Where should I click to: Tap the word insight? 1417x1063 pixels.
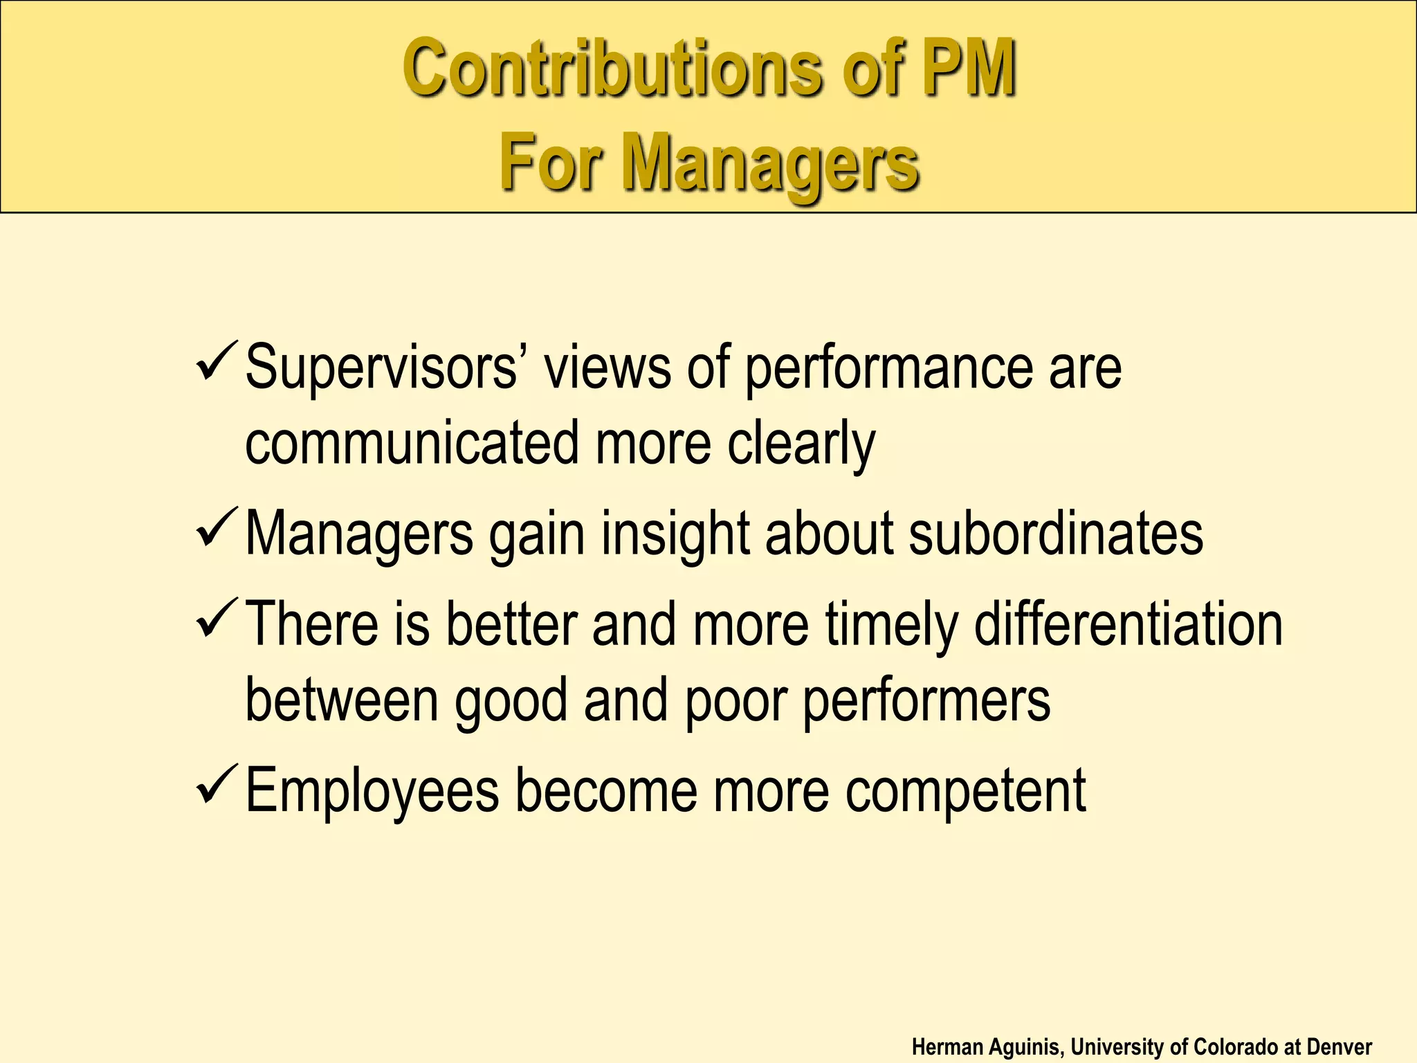click(x=675, y=534)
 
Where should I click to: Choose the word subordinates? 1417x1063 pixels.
click(x=1056, y=534)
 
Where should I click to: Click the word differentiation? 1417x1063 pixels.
click(x=1128, y=625)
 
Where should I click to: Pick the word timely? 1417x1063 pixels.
click(x=892, y=625)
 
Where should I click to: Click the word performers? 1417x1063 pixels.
click(x=926, y=700)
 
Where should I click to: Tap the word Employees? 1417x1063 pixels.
click(x=372, y=791)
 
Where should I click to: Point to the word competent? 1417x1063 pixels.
click(x=969, y=791)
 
